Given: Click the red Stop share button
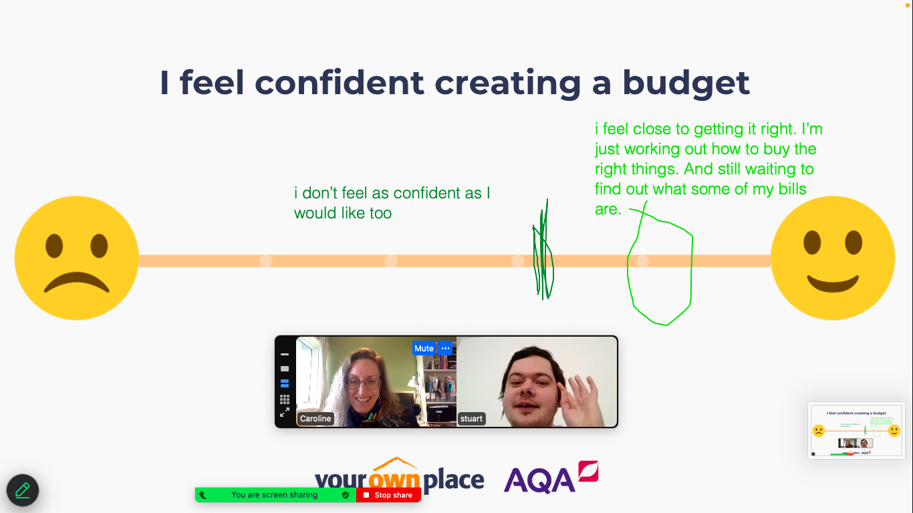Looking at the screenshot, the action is pyautogui.click(x=388, y=495).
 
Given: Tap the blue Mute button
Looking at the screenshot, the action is pyautogui.click(x=424, y=349).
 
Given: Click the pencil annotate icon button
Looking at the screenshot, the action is pyautogui.click(x=23, y=490).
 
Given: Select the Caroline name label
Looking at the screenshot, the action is pyautogui.click(x=315, y=418).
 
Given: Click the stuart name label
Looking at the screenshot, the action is pyautogui.click(x=471, y=418).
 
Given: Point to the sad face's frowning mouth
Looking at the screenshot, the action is pyautogui.click(x=77, y=283).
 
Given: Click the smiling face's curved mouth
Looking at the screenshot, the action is pyautogui.click(x=833, y=284).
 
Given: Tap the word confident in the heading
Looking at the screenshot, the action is pyautogui.click(x=340, y=82).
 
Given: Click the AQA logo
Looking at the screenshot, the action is pyautogui.click(x=551, y=477).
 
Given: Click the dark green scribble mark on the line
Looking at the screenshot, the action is pyautogui.click(x=543, y=249).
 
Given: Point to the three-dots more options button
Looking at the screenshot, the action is pyautogui.click(x=445, y=349).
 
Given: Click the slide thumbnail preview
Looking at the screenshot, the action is pyautogui.click(x=856, y=431).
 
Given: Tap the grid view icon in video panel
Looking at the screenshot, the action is pyautogui.click(x=285, y=399).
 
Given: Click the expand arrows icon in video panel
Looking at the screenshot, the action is pyautogui.click(x=285, y=412).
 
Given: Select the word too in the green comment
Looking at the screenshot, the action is pyautogui.click(x=380, y=214).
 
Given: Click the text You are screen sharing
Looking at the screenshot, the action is pyautogui.click(x=274, y=495).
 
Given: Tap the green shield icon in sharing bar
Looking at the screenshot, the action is pyautogui.click(x=346, y=495).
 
